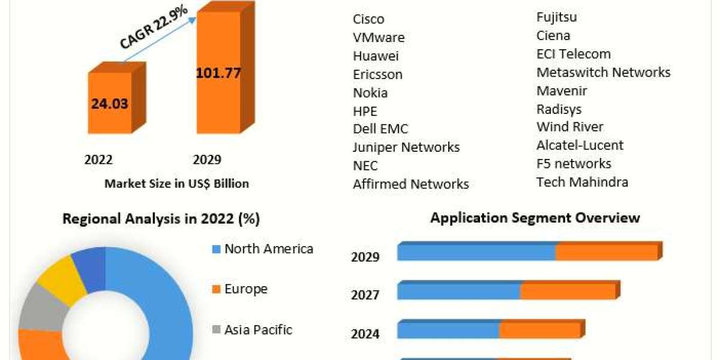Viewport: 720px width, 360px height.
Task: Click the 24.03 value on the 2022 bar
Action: [x=110, y=103]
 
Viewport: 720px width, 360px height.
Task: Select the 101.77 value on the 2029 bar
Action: [x=218, y=74]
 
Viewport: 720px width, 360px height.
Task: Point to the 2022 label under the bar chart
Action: [x=98, y=160]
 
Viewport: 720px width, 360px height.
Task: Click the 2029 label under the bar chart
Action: [x=207, y=160]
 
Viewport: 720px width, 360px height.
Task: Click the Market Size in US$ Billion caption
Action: [x=176, y=184]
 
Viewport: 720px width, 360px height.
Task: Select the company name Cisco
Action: [x=368, y=19]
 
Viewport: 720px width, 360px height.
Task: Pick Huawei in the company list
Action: [x=376, y=56]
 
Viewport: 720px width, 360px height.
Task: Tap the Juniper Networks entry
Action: [x=406, y=147]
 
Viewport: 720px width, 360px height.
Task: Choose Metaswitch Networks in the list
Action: [x=603, y=72]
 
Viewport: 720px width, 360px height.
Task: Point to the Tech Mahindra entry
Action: [x=582, y=182]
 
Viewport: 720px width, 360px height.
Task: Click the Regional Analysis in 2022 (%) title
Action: [x=161, y=219]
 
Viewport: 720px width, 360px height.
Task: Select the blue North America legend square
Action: [x=217, y=249]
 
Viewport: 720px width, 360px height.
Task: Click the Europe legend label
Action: [x=246, y=289]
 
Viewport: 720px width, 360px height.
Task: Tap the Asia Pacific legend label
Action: [x=258, y=329]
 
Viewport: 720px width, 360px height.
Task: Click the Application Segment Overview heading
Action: [x=535, y=218]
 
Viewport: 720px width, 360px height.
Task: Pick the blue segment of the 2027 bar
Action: [x=459, y=292]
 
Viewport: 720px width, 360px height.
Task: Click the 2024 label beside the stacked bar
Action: [x=365, y=334]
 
